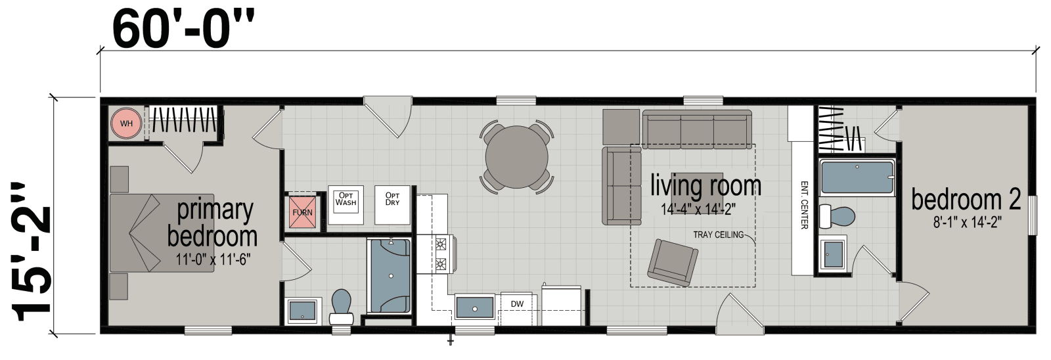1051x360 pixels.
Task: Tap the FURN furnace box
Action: click(303, 212)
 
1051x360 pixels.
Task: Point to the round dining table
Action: click(516, 156)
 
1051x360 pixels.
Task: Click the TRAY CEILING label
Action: click(718, 235)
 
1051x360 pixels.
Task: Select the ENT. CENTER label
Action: click(803, 205)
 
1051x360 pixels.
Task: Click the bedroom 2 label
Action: click(966, 200)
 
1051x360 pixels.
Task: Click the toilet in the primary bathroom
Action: click(342, 307)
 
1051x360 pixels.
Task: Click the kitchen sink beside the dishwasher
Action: click(474, 306)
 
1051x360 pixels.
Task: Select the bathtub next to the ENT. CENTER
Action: click(857, 177)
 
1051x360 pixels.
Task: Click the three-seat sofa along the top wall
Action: click(697, 129)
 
